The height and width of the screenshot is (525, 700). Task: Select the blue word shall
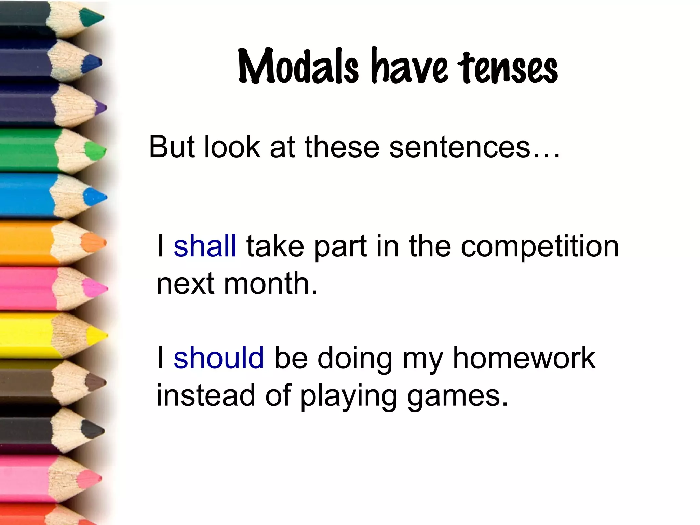point(205,246)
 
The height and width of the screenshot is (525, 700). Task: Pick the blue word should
point(219,358)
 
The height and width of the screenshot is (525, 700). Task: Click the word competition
point(540,247)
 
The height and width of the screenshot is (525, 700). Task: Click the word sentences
point(460,147)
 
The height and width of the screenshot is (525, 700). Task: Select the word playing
point(349,396)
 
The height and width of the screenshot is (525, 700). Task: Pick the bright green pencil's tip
point(96,151)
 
